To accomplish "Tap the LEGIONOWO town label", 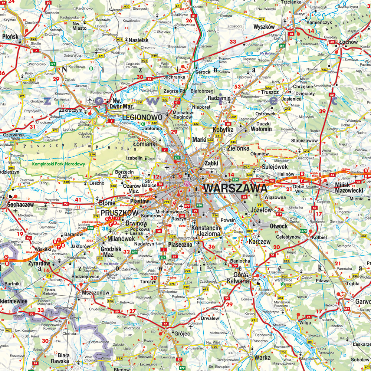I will pos(142,117).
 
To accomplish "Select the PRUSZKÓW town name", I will pos(119,213).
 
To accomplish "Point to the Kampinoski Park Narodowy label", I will pos(53,164).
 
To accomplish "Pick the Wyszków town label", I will pos(264,27).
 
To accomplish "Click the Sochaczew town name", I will pos(20,204).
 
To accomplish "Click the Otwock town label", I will pos(279,226).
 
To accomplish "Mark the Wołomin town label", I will pos(262,129).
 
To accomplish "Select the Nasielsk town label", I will pos(139,40).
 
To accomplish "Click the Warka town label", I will pos(262,358).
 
